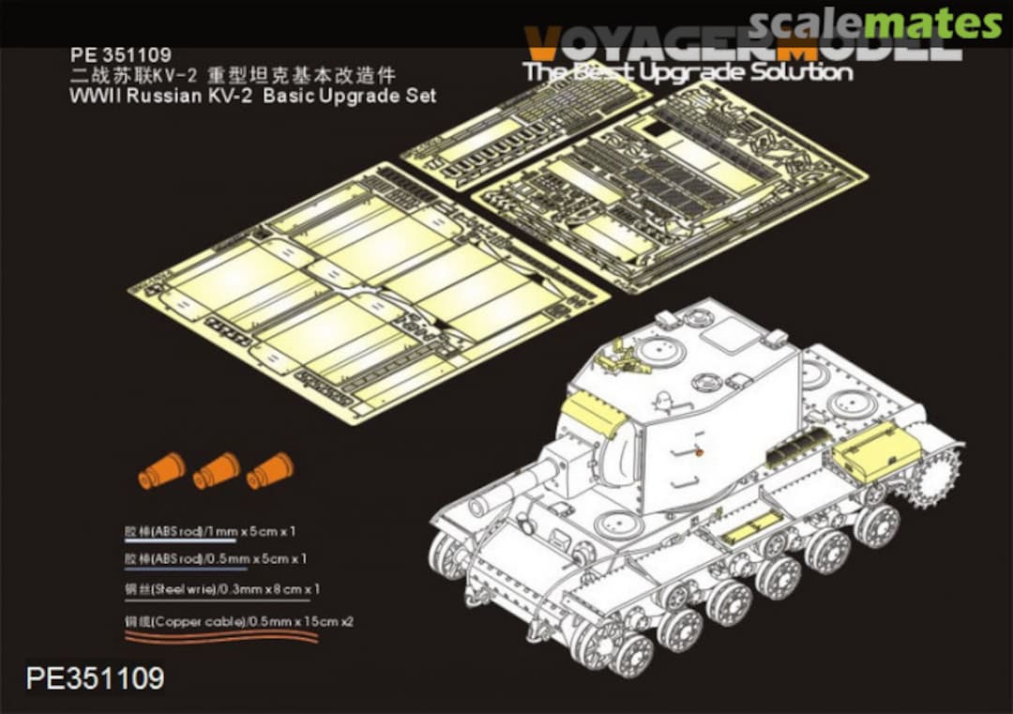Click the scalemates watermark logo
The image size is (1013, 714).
(x=876, y=23)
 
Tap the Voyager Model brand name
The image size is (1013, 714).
(x=741, y=44)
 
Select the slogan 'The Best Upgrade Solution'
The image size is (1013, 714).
(x=688, y=72)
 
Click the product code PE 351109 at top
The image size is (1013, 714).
(x=107, y=57)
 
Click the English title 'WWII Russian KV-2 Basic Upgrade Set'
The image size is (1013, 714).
(x=253, y=96)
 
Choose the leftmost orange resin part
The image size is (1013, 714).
(x=161, y=470)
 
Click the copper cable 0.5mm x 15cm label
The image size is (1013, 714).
(x=239, y=621)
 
